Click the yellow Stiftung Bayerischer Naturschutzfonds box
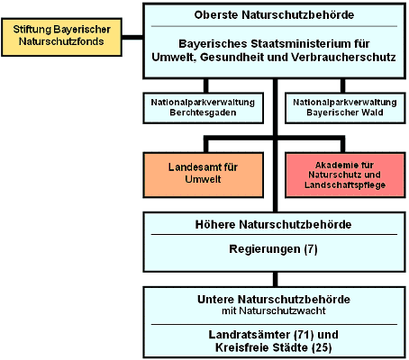click(x=61, y=37)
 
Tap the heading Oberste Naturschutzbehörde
click(x=274, y=14)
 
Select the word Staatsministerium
click(x=301, y=44)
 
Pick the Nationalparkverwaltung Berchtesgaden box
click(x=204, y=108)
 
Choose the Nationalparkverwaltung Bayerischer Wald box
click(x=345, y=108)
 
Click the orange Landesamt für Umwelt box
click(x=204, y=175)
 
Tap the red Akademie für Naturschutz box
click(x=345, y=175)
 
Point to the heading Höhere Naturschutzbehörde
click(x=273, y=224)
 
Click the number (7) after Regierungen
click(x=311, y=249)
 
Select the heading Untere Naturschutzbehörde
click(x=274, y=300)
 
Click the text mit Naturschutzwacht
click(x=274, y=310)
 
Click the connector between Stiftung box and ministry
click(x=132, y=37)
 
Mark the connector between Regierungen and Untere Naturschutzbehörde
click(x=275, y=279)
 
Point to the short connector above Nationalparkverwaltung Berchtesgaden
click(x=205, y=85)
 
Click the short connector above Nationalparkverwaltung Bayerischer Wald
click(x=342, y=85)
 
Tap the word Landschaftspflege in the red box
click(x=345, y=184)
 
